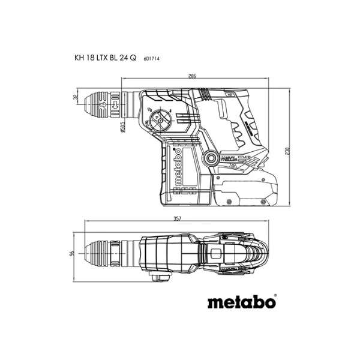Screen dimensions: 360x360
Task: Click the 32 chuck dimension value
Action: (x=75, y=97)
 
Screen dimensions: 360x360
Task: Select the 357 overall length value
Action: (x=177, y=220)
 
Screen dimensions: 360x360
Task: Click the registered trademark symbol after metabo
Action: (x=275, y=296)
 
